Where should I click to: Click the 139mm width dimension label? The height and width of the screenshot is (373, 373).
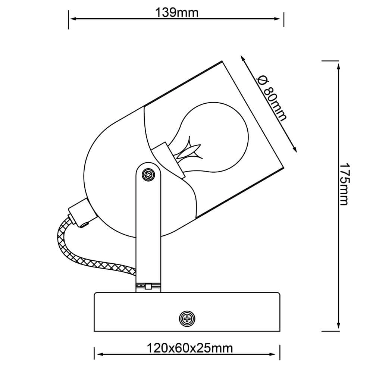[177, 12]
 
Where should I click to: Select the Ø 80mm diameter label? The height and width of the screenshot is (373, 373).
[272, 98]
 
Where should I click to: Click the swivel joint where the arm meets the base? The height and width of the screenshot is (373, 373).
[148, 286]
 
